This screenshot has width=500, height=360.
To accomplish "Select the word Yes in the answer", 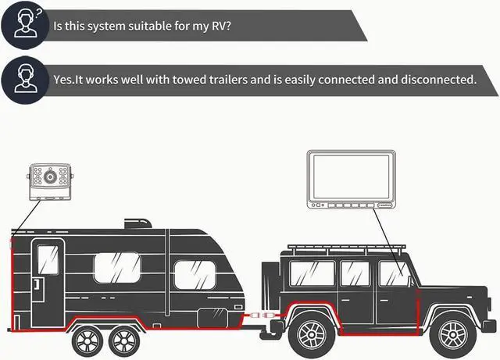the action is click(63, 80).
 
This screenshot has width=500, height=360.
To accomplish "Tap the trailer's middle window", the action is click(117, 268).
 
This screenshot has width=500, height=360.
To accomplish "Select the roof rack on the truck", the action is click(347, 248).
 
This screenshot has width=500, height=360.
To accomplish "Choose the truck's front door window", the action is click(394, 273).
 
